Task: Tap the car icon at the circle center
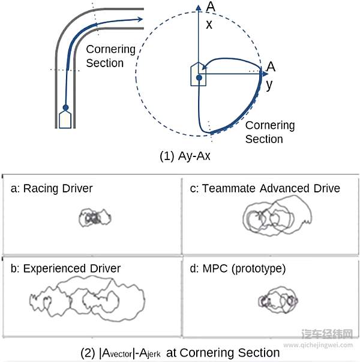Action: point(199,75)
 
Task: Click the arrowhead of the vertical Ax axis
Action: point(199,7)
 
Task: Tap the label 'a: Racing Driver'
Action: point(52,189)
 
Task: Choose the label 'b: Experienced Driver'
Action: point(65,268)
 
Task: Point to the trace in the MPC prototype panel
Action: point(277,300)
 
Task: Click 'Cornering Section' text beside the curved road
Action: point(111,56)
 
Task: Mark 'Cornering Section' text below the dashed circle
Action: point(269,132)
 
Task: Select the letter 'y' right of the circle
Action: point(269,84)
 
